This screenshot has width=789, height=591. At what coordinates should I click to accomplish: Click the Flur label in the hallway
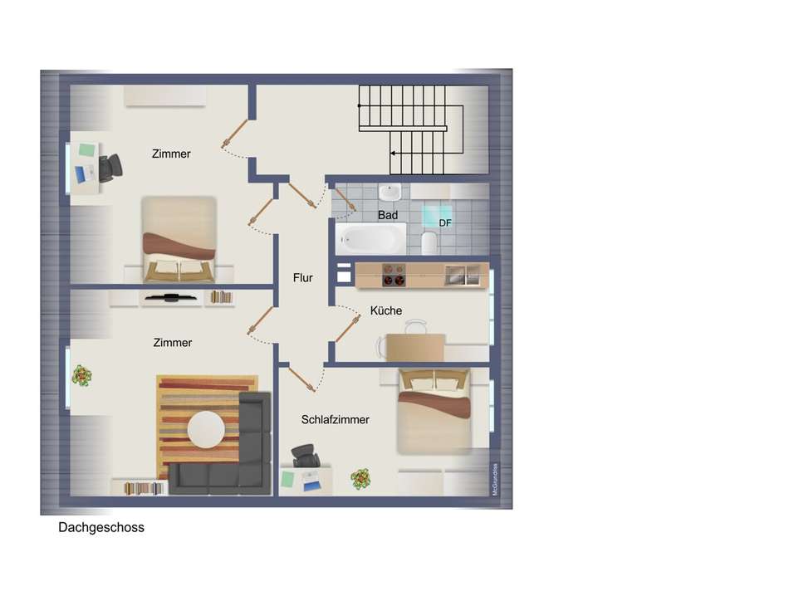(x=303, y=278)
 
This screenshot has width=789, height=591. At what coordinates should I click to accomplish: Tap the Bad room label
(x=388, y=215)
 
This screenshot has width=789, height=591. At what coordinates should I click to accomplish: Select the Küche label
(x=386, y=310)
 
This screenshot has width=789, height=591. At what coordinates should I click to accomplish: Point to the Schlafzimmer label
(x=336, y=420)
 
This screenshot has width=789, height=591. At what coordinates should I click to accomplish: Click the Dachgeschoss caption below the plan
(x=101, y=527)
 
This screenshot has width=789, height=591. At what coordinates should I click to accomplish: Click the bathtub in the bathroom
(x=371, y=239)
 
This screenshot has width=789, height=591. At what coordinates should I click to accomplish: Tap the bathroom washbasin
(x=389, y=193)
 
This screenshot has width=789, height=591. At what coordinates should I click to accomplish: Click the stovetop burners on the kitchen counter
(x=393, y=275)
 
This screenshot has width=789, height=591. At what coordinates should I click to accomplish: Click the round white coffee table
(x=206, y=430)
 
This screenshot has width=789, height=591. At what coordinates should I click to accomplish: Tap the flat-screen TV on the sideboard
(x=169, y=296)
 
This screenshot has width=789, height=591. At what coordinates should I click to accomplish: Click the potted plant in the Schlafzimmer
(x=360, y=478)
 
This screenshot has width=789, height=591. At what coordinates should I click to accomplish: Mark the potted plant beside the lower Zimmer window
(x=81, y=375)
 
